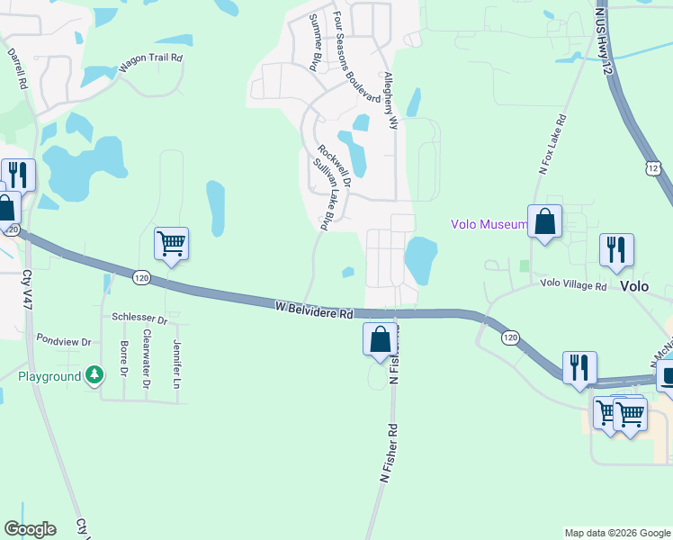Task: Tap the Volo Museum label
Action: pyautogui.click(x=489, y=224)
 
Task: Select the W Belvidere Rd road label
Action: pyautogui.click(x=314, y=310)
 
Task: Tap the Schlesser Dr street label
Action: pyautogui.click(x=139, y=319)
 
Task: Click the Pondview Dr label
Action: pyautogui.click(x=64, y=342)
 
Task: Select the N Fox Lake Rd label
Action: pyautogui.click(x=552, y=143)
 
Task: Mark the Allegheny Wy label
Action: pyautogui.click(x=390, y=101)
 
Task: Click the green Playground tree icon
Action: pyautogui.click(x=94, y=375)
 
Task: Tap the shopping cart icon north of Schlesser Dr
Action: pyautogui.click(x=171, y=243)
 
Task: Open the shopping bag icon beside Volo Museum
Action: pyautogui.click(x=544, y=221)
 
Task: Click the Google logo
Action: pyautogui.click(x=30, y=529)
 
